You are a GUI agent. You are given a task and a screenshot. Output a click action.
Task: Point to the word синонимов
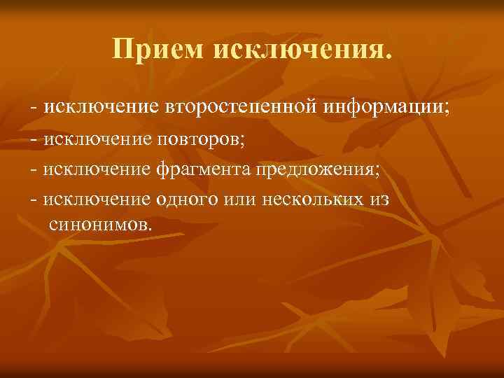99,225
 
